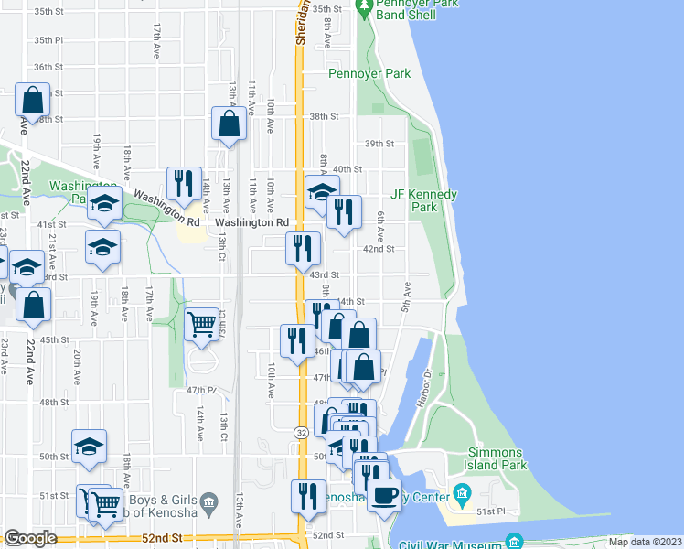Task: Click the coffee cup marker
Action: pyautogui.click(x=384, y=494)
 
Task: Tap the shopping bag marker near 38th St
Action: pyautogui.click(x=229, y=123)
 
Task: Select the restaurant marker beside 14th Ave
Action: pyautogui.click(x=185, y=183)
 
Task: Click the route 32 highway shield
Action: pyautogui.click(x=301, y=431)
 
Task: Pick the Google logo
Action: pyautogui.click(x=31, y=538)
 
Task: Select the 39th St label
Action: pyautogui.click(x=379, y=144)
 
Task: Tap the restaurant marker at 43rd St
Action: pyautogui.click(x=302, y=248)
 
